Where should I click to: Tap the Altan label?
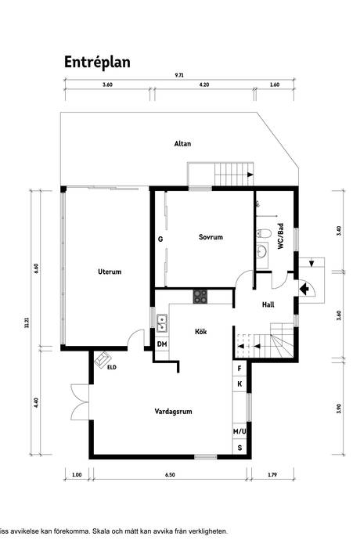[x=182, y=143]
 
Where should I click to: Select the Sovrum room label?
[x=211, y=236]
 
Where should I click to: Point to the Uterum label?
[x=110, y=272]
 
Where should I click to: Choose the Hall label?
[x=268, y=305]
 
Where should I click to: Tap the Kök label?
[x=200, y=331]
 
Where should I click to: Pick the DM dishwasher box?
[x=162, y=344]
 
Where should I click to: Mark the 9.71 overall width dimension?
[x=180, y=75]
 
